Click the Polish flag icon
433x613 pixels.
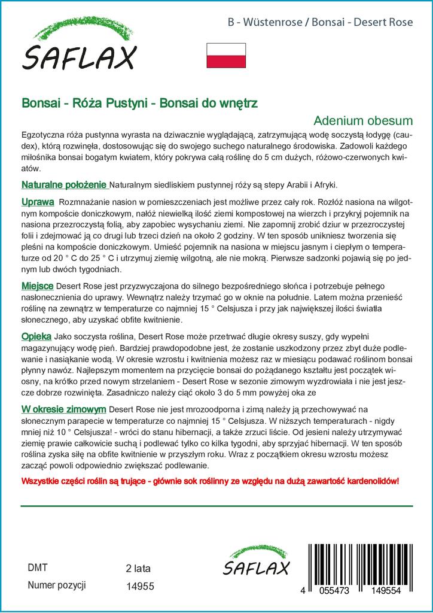(x=225, y=55)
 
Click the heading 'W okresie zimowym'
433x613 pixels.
(x=64, y=409)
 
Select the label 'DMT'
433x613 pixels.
(x=38, y=568)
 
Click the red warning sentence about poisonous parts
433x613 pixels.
(x=209, y=482)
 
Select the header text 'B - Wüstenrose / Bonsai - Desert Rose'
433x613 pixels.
(x=321, y=23)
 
